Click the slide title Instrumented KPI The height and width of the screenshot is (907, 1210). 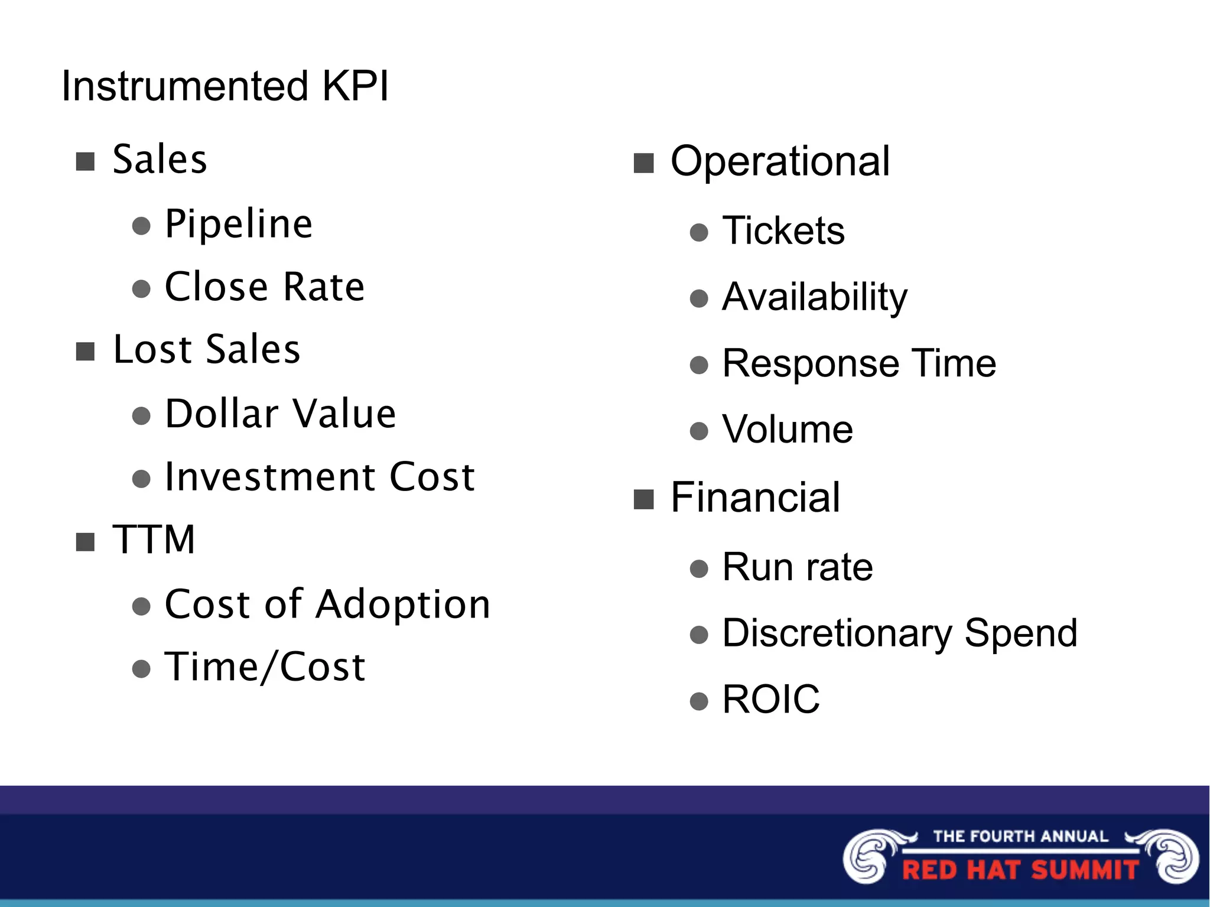coord(225,86)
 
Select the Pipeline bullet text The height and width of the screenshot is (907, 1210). coord(239,224)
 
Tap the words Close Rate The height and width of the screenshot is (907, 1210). coord(265,287)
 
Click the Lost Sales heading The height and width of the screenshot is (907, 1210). coord(207,349)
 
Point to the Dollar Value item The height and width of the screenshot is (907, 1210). coord(280,414)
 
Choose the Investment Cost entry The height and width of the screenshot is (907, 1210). coord(320,477)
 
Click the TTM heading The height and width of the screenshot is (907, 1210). coord(154,539)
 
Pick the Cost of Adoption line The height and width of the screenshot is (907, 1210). coord(327,604)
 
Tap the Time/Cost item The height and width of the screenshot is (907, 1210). coord(265,667)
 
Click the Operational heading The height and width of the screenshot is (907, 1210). coord(780,161)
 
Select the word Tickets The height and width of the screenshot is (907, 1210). coord(783,230)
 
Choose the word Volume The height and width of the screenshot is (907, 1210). coord(788,430)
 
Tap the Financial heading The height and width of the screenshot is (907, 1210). coord(755,498)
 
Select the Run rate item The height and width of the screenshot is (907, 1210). coord(798,567)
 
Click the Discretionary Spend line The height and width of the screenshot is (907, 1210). coord(900,633)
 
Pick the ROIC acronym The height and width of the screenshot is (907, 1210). coord(771,700)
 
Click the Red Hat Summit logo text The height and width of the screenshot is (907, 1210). coord(1020,870)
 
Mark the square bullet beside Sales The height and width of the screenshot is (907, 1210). coord(86,161)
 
